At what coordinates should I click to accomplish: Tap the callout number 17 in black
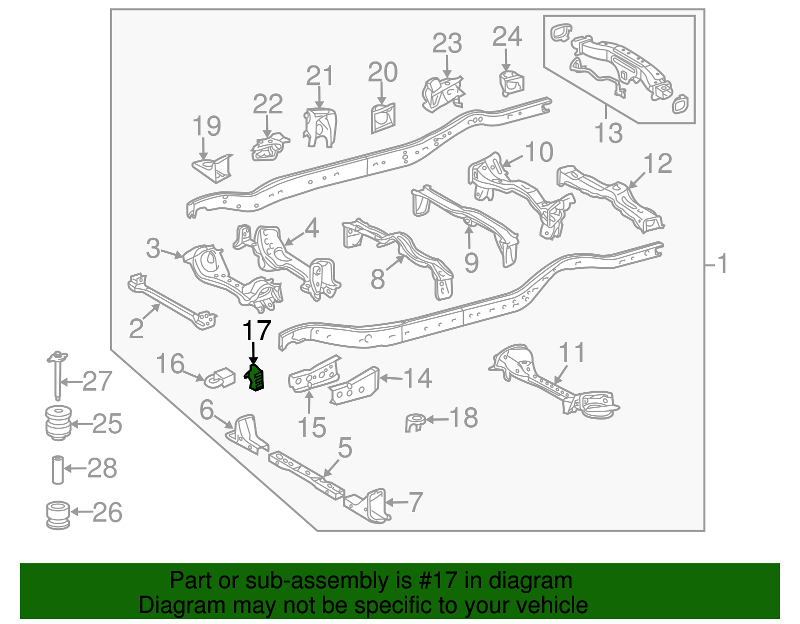click(x=256, y=331)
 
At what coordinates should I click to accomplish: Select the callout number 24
click(x=507, y=36)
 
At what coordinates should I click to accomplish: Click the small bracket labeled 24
click(x=511, y=83)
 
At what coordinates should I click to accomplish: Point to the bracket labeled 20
click(x=383, y=118)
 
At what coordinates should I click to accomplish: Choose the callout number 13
click(x=608, y=133)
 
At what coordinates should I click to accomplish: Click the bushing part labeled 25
click(x=58, y=423)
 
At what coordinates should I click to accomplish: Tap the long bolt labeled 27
click(x=57, y=375)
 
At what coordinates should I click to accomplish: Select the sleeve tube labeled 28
click(x=58, y=470)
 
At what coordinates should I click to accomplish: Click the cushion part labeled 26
click(x=58, y=515)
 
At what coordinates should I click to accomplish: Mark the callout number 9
click(x=471, y=262)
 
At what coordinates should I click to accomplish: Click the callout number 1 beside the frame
click(x=722, y=263)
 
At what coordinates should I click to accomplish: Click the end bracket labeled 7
click(x=368, y=506)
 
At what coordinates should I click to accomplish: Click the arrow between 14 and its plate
click(x=391, y=378)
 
